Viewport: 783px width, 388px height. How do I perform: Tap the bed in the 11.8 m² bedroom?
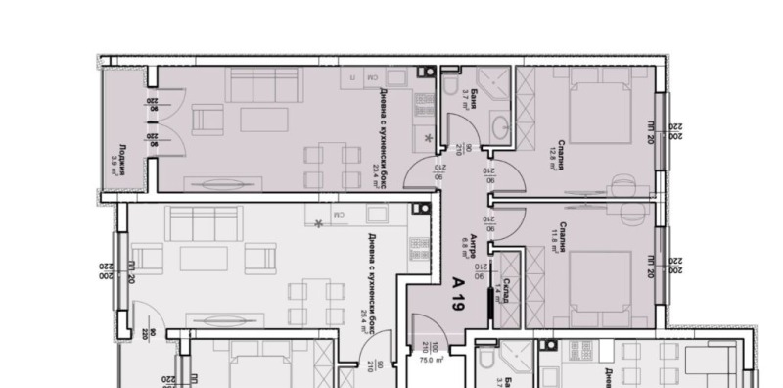[x=598, y=279]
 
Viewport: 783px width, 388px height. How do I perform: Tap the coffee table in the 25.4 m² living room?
[x=204, y=260]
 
